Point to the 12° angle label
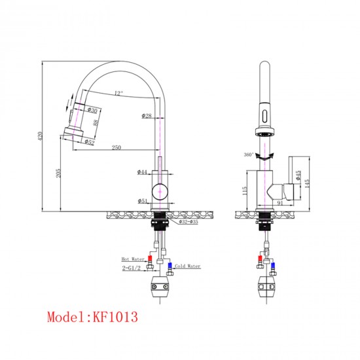(x=118, y=93)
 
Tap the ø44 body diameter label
(x=142, y=172)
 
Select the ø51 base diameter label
(x=142, y=202)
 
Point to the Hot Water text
(x=132, y=259)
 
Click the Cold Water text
(x=187, y=266)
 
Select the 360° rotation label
(x=248, y=154)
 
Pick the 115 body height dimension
(x=243, y=190)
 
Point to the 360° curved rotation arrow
(x=264, y=155)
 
